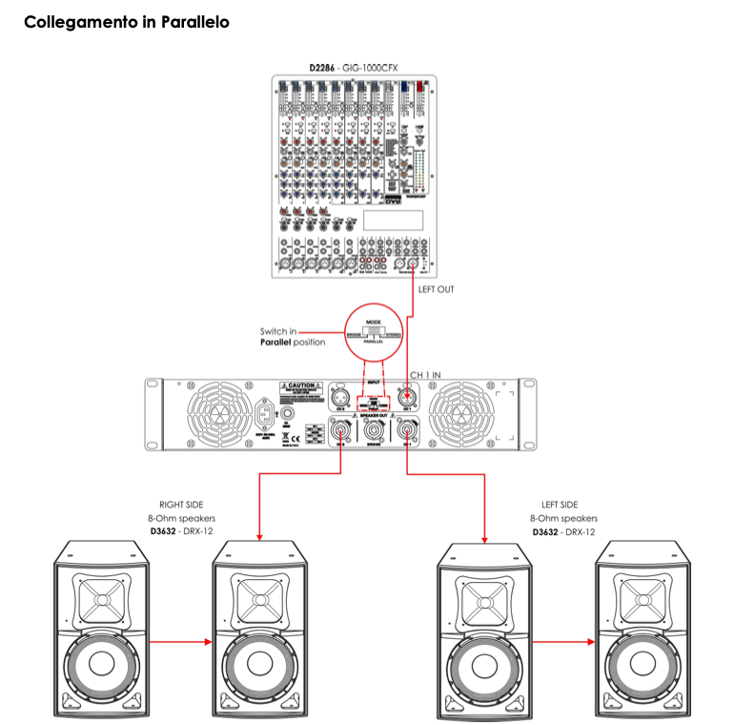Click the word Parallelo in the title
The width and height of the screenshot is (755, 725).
point(188,21)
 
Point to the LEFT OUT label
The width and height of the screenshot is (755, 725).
point(439,288)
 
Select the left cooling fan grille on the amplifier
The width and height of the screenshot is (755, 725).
point(214,414)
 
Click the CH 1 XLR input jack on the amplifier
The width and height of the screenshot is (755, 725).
point(409,396)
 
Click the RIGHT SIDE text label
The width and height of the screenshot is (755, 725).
point(181,505)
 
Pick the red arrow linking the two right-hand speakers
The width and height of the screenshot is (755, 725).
point(561,642)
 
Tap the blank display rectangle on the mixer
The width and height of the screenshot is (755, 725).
point(393,218)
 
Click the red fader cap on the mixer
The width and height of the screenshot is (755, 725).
point(420,87)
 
